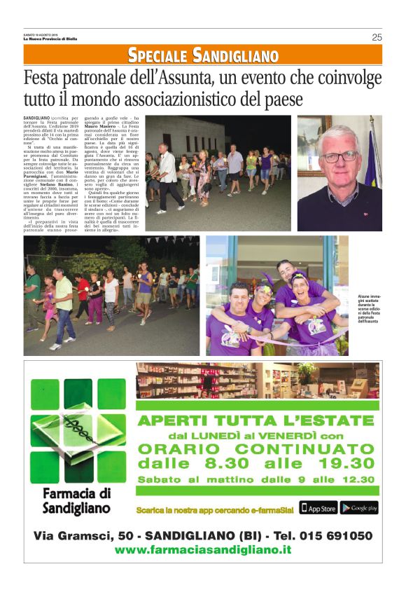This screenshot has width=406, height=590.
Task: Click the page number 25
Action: (376, 38)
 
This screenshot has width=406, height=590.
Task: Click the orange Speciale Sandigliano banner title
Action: (202, 55)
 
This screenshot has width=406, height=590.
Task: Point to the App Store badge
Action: (318, 508)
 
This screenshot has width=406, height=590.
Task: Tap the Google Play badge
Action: (360, 508)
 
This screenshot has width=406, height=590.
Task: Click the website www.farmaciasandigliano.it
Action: (202, 550)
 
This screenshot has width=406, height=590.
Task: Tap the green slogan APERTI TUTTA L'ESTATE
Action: (255, 420)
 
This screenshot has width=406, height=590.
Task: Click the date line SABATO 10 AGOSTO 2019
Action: (40, 34)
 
